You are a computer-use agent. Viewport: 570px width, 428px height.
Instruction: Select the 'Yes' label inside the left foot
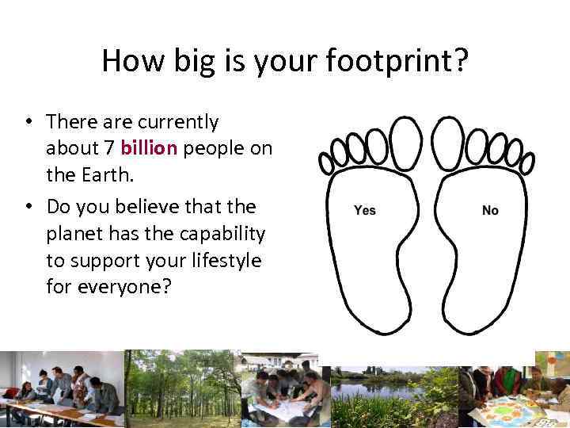[x=365, y=210]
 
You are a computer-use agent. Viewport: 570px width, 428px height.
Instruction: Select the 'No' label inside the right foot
[x=490, y=210]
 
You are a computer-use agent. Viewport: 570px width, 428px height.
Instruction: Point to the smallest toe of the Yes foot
[x=325, y=162]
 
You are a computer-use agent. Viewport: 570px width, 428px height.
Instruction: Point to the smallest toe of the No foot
[x=527, y=162]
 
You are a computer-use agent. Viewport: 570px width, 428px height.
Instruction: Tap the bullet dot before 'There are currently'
[x=27, y=123]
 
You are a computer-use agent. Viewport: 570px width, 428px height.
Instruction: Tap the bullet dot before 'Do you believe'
[x=27, y=208]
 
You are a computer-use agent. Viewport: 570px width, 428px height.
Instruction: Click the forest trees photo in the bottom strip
[x=182, y=388]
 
